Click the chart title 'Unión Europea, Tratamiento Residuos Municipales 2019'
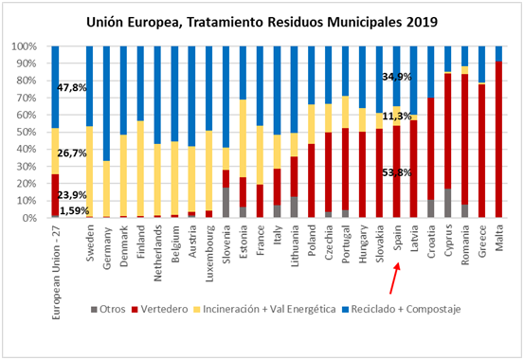point(262,19)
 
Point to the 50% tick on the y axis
point(25,132)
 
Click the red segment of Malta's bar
point(499,142)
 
